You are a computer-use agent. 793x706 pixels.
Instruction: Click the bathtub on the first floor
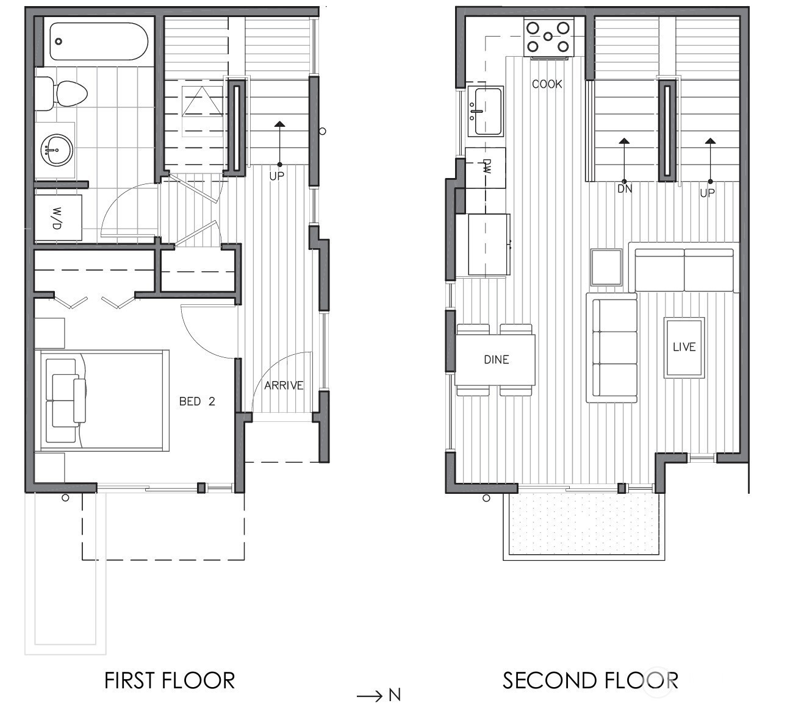click(99, 41)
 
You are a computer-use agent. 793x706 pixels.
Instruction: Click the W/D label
click(57, 218)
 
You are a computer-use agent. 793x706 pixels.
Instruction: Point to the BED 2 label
click(197, 401)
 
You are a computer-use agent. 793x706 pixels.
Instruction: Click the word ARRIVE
click(284, 386)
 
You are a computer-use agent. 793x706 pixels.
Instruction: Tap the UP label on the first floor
click(277, 176)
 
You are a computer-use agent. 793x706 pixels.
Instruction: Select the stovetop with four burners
click(549, 37)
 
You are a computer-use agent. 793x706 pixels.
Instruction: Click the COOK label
click(547, 84)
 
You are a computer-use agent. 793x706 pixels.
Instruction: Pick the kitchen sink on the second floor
click(486, 112)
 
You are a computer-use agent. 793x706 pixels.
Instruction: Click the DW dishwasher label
click(487, 166)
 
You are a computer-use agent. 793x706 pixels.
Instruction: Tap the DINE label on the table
click(497, 360)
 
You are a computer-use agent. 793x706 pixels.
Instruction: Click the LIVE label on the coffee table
click(684, 347)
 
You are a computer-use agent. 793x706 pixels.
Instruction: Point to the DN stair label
click(625, 189)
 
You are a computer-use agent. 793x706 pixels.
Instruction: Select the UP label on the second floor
click(707, 193)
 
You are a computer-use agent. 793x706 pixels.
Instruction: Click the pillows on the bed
click(66, 401)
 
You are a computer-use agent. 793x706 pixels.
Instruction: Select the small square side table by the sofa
click(606, 267)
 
